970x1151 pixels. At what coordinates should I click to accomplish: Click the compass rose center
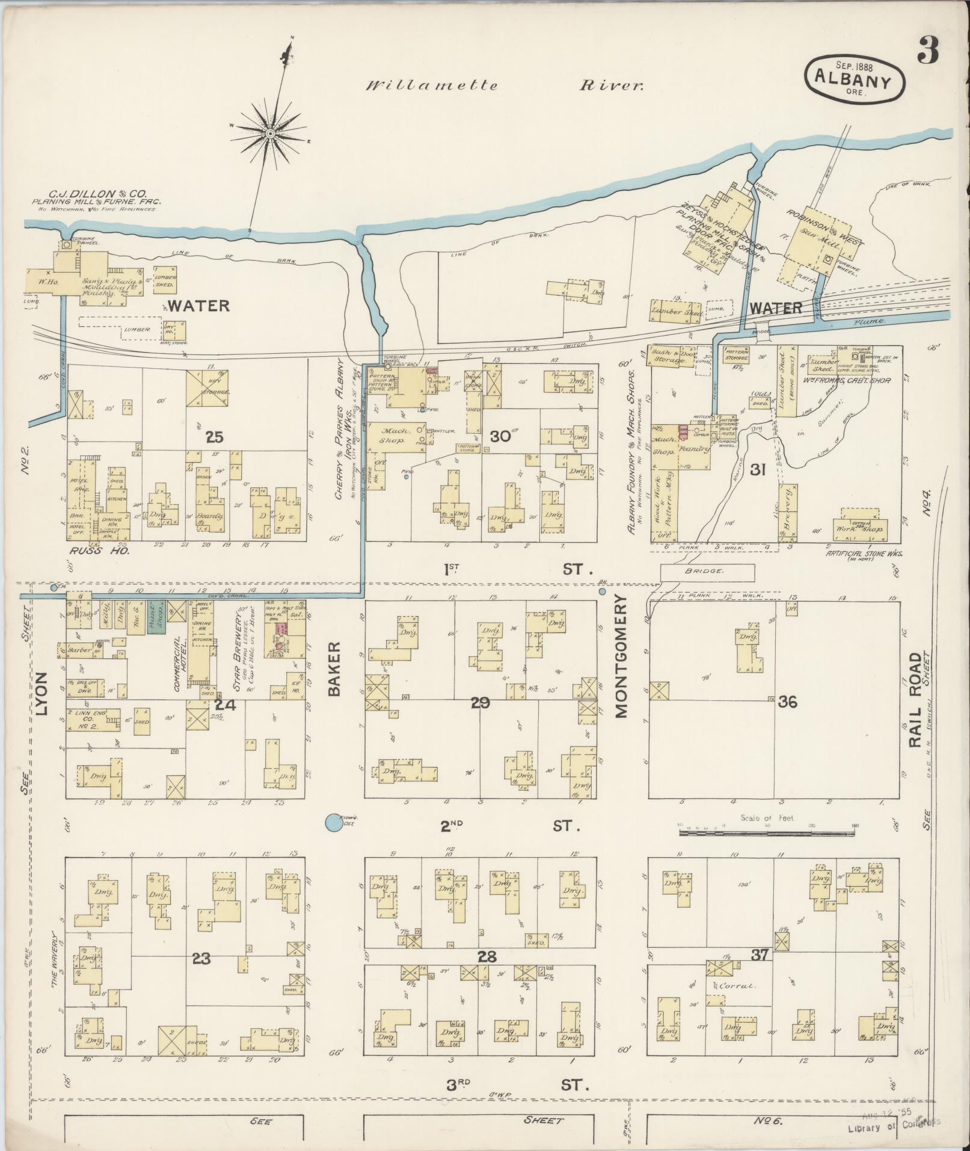pyautogui.click(x=271, y=132)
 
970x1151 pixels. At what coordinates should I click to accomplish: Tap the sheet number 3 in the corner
pyautogui.click(x=928, y=53)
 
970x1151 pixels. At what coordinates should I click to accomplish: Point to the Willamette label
pyautogui.click(x=432, y=85)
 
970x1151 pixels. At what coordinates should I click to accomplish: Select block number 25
pyautogui.click(x=214, y=437)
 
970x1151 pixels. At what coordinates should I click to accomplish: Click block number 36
pyautogui.click(x=787, y=702)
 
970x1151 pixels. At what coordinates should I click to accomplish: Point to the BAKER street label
pyautogui.click(x=334, y=669)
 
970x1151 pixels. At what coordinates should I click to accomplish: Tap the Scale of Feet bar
pyautogui.click(x=767, y=832)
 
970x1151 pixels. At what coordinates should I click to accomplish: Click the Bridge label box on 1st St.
pyautogui.click(x=707, y=570)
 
